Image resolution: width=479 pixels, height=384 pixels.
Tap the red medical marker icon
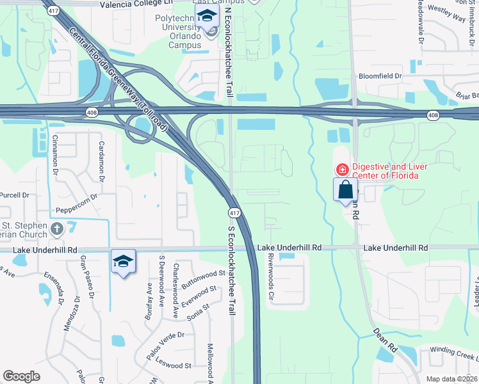(342, 170)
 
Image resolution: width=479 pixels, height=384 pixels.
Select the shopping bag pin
(345, 189)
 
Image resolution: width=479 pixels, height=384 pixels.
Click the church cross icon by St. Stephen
(57, 228)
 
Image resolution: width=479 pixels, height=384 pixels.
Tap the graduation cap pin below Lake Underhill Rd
(123, 261)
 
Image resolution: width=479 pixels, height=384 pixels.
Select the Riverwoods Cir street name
(272, 276)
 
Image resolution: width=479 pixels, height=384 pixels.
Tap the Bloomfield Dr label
(380, 76)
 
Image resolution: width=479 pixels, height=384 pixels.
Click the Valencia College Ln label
(137, 4)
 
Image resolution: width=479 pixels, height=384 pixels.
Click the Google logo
(21, 376)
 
